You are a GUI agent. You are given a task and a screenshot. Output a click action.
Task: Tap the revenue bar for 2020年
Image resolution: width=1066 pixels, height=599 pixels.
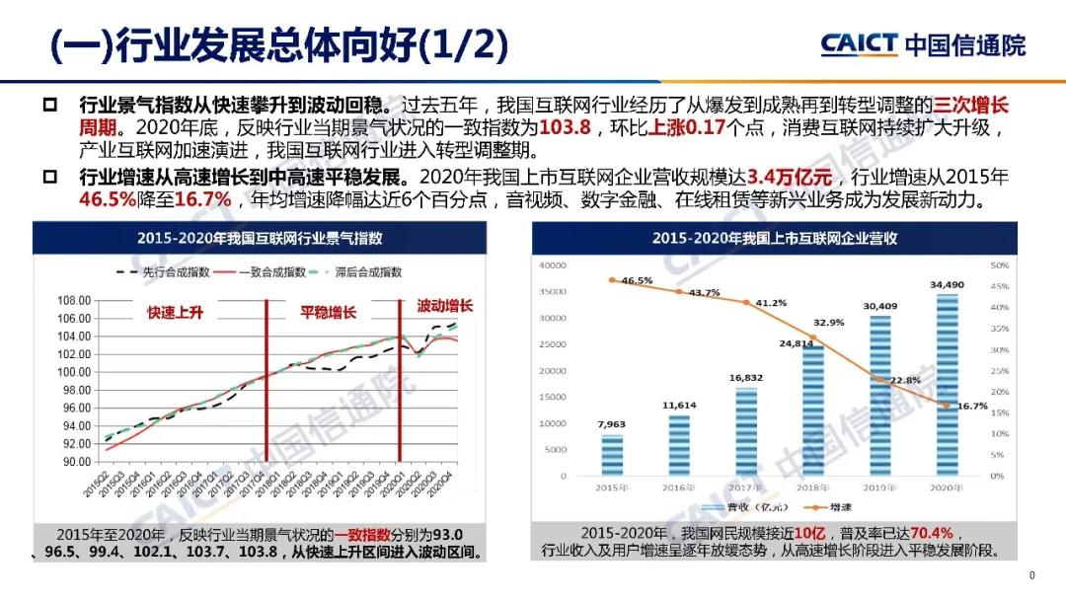[946, 385]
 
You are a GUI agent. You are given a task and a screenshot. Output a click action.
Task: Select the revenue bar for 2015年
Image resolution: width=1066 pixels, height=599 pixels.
[612, 454]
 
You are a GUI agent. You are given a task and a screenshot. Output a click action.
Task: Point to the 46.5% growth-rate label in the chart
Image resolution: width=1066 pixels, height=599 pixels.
[637, 280]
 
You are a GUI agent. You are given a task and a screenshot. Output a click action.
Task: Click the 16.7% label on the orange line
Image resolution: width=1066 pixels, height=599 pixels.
[970, 406]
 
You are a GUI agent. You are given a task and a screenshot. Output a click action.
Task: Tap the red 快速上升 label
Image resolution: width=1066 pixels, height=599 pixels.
[175, 312]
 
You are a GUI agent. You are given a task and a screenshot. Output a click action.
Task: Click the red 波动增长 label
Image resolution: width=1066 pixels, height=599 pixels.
[444, 306]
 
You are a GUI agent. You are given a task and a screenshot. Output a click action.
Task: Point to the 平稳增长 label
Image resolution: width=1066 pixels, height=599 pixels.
[328, 313]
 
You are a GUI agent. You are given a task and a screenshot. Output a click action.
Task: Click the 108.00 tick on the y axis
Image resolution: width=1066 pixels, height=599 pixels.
[75, 300]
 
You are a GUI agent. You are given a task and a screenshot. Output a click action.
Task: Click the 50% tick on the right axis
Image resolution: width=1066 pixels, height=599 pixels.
[998, 265]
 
